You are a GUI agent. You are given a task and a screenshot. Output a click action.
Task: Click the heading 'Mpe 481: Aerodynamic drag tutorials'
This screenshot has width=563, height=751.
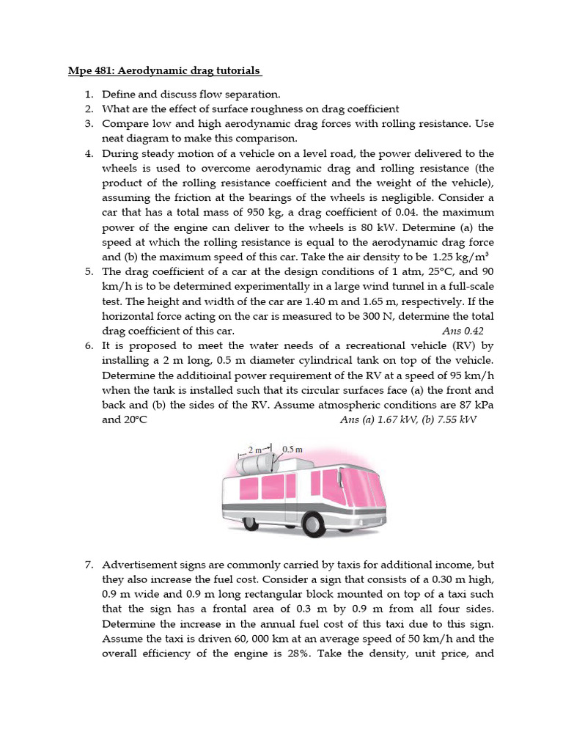click(x=160, y=71)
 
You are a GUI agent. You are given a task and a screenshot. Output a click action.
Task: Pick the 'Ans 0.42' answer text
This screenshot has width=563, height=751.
click(x=463, y=331)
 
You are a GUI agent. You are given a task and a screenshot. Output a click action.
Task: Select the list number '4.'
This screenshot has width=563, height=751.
click(x=88, y=153)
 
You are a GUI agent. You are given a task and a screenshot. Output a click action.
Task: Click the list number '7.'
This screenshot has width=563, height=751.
click(x=88, y=565)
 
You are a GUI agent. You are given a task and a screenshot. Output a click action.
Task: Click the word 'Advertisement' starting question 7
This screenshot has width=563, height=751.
click(x=140, y=565)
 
